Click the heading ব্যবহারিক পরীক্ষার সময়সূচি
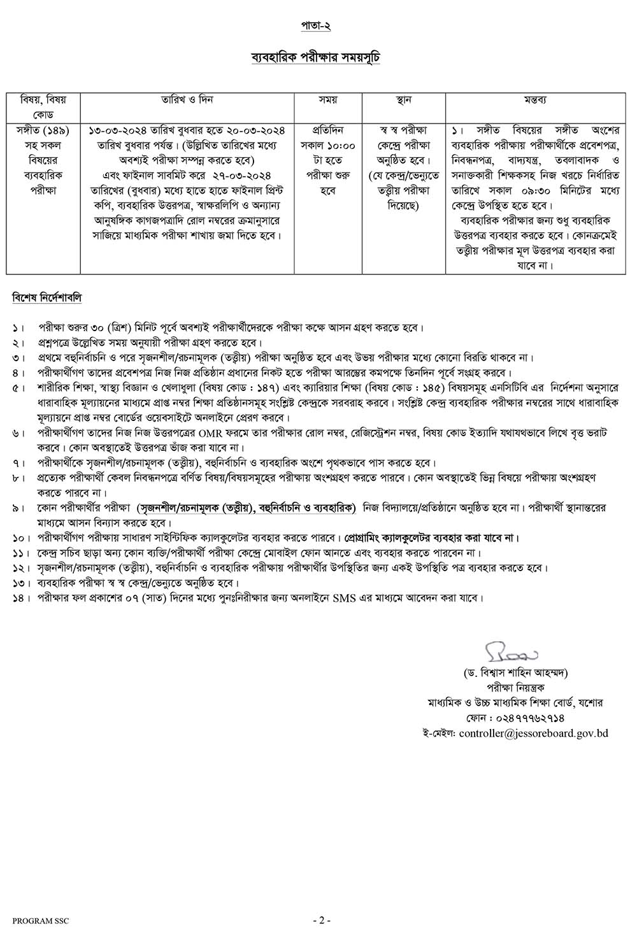pyautogui.click(x=316, y=57)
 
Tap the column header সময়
pyautogui.click(x=328, y=100)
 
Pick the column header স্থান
pyautogui.click(x=404, y=100)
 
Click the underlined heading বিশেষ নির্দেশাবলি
pyautogui.click(x=47, y=297)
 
